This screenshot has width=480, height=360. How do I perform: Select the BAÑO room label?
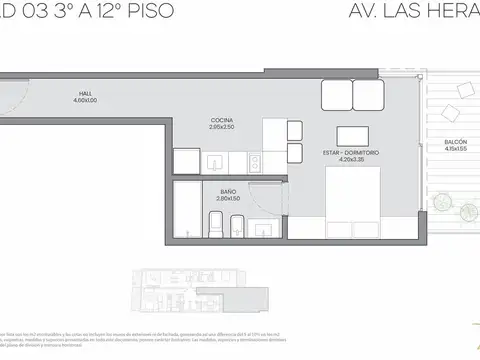(228, 190)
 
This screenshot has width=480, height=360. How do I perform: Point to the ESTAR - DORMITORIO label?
(352, 152)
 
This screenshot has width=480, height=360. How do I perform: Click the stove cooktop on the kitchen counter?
(253, 161)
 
